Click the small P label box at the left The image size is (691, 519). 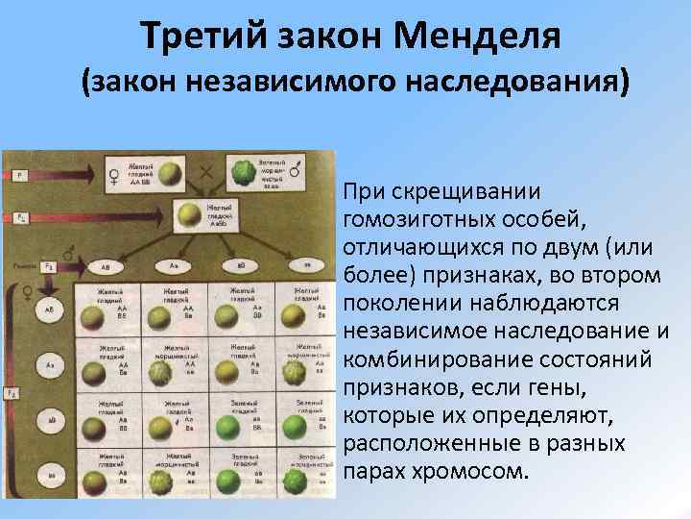pyautogui.click(x=19, y=177)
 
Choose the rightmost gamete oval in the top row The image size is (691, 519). pyautogui.click(x=305, y=264)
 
